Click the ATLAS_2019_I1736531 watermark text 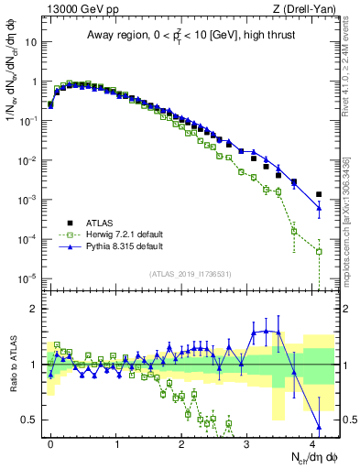(x=189, y=274)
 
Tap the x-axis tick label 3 (x=248, y=442)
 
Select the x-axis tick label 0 (x=50, y=442)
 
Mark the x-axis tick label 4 (x=313, y=442)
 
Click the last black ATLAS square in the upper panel (x=319, y=194)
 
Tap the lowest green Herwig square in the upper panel (x=319, y=251)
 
